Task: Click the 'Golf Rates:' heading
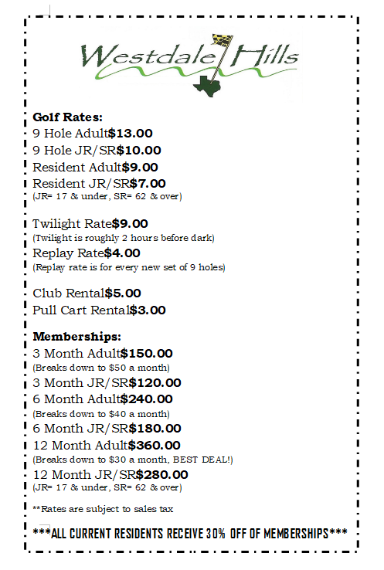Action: [x=67, y=117]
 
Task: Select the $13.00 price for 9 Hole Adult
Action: [x=131, y=133]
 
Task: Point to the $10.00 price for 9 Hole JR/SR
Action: [x=139, y=150]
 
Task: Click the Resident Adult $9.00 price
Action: [x=140, y=167]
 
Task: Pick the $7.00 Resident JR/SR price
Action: [x=148, y=184]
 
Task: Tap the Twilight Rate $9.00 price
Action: [x=130, y=223]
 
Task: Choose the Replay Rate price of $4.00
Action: [x=122, y=253]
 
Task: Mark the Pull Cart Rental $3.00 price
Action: [x=148, y=310]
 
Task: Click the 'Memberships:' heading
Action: [x=77, y=338]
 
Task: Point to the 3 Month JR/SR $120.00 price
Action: [x=155, y=382]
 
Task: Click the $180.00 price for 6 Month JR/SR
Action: [x=155, y=428]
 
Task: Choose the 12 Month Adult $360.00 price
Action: [x=154, y=445]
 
